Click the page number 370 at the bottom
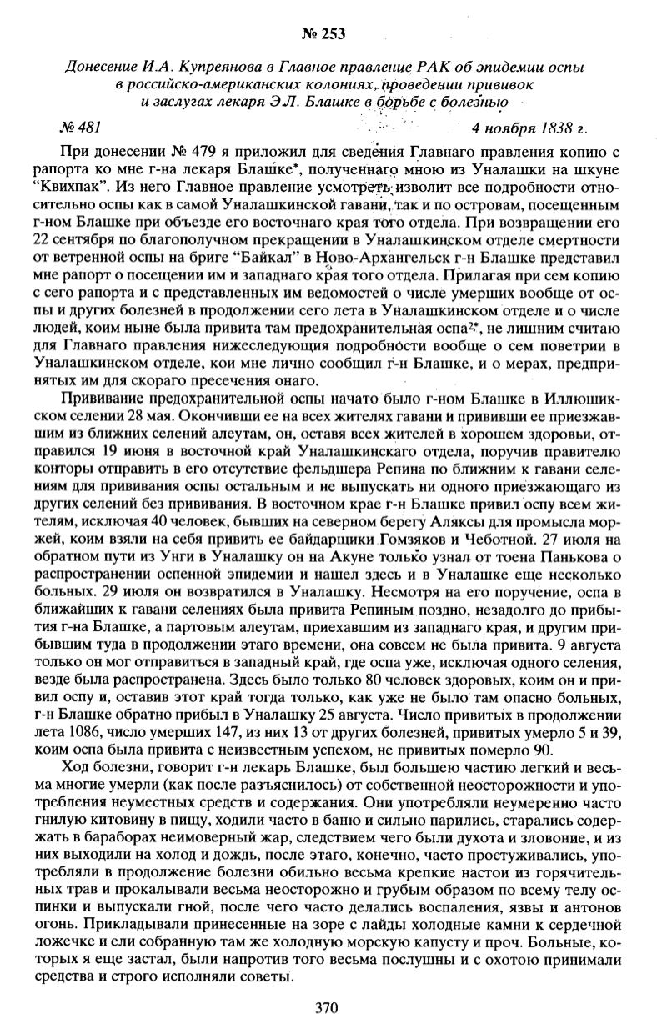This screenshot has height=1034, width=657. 327,1007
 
